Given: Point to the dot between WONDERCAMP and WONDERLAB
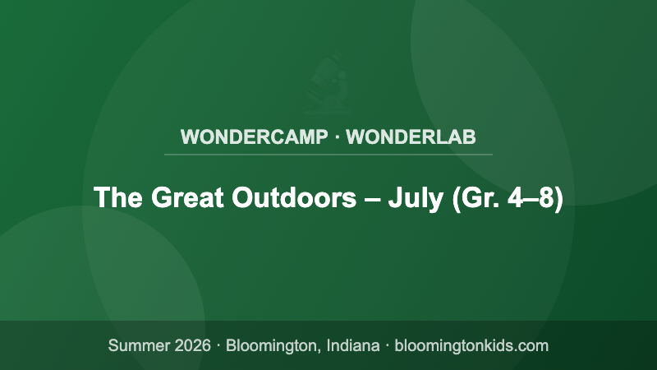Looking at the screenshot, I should [x=337, y=136].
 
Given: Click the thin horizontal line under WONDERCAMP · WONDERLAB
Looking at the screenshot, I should [x=328, y=154].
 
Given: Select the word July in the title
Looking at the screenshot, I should [x=416, y=198].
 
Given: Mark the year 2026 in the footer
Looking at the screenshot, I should [x=195, y=345].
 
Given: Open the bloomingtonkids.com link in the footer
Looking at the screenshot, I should [x=471, y=345].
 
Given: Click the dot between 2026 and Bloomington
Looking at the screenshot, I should [x=220, y=345].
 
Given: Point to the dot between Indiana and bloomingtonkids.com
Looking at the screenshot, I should [x=387, y=345].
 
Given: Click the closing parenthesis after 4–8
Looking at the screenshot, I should [x=558, y=198].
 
